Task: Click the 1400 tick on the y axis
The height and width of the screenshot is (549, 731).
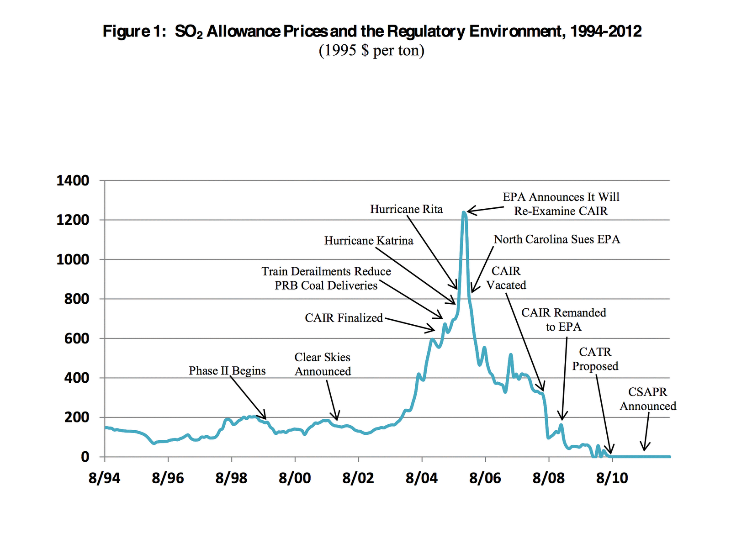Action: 73,180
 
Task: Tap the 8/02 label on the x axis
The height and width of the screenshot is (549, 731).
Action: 358,478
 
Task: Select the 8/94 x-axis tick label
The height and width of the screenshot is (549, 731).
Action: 105,478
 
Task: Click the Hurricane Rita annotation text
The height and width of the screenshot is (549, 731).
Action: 406,209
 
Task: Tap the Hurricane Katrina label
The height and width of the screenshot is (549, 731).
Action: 369,241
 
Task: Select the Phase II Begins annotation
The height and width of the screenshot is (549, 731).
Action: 227,370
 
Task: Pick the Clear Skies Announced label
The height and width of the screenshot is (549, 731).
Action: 323,364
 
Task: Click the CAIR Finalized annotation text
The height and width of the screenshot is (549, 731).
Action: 344,318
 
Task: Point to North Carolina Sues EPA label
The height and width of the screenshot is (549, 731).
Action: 557,239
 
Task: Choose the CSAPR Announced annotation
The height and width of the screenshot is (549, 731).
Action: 648,399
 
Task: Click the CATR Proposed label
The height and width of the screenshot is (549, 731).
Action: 595,359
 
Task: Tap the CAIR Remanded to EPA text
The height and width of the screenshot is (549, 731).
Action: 564,319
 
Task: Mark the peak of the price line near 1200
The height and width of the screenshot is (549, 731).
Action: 464,212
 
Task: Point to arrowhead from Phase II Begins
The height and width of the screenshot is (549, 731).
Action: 265,417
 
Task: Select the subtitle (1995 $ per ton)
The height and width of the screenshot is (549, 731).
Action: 371,50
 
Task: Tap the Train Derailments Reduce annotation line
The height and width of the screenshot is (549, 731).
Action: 326,272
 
